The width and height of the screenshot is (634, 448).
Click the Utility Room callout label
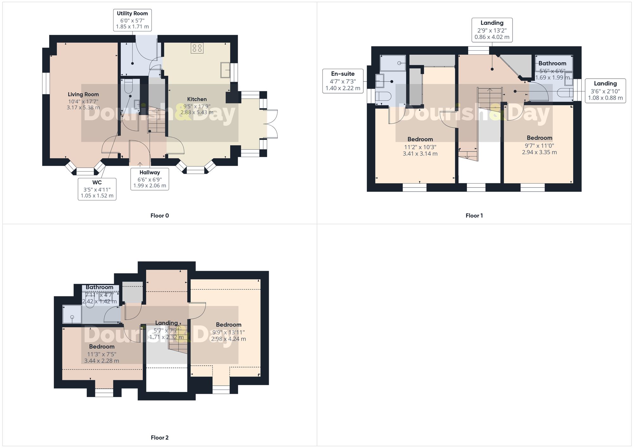tap(132, 20)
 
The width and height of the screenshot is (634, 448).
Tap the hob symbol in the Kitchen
tap(197, 48)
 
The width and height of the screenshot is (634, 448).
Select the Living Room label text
tap(83, 94)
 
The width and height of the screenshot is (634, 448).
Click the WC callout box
tap(97, 189)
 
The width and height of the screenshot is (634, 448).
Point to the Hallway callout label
tap(150, 179)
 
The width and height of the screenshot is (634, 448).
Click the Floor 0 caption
tap(159, 216)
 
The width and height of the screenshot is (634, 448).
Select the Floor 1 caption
tap(474, 216)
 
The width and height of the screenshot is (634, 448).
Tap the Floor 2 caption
tap(159, 438)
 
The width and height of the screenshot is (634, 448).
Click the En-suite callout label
tap(343, 81)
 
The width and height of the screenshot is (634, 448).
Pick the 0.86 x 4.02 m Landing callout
tap(492, 30)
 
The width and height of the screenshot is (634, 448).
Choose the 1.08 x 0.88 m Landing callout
tap(605, 91)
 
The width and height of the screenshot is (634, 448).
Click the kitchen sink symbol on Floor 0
tap(225, 70)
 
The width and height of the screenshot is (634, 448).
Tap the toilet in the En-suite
tap(383, 96)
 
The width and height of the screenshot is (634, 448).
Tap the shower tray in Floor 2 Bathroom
tap(72, 314)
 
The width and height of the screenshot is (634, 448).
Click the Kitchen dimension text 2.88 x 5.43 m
tap(197, 112)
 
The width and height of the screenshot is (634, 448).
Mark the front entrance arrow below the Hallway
tap(140, 164)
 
